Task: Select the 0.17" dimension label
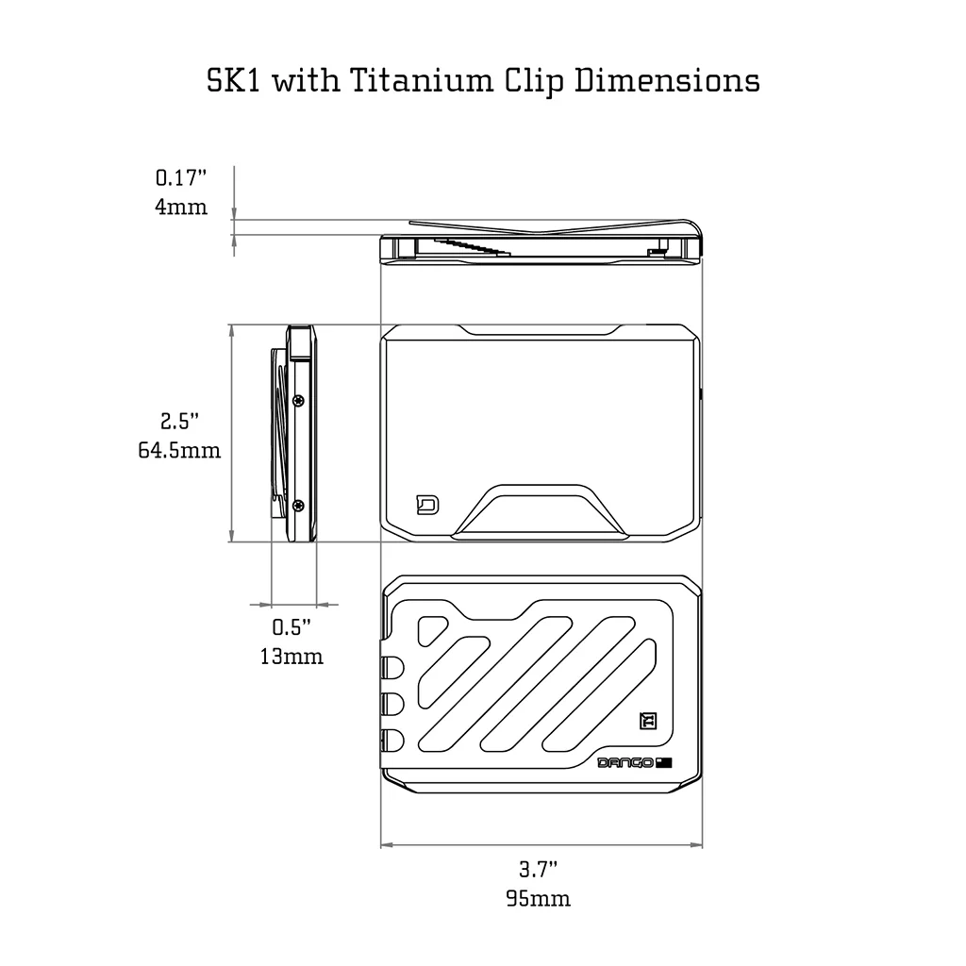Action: coord(181,176)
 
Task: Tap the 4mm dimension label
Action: coord(181,206)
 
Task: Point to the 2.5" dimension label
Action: coord(179,422)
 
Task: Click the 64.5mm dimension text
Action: coord(179,451)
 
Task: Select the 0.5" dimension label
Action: coord(291,626)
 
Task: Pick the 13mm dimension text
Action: coord(291,656)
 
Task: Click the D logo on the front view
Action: coord(426,506)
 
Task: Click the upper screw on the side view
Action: coord(299,400)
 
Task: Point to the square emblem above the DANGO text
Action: coord(648,720)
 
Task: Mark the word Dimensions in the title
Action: coord(668,80)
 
